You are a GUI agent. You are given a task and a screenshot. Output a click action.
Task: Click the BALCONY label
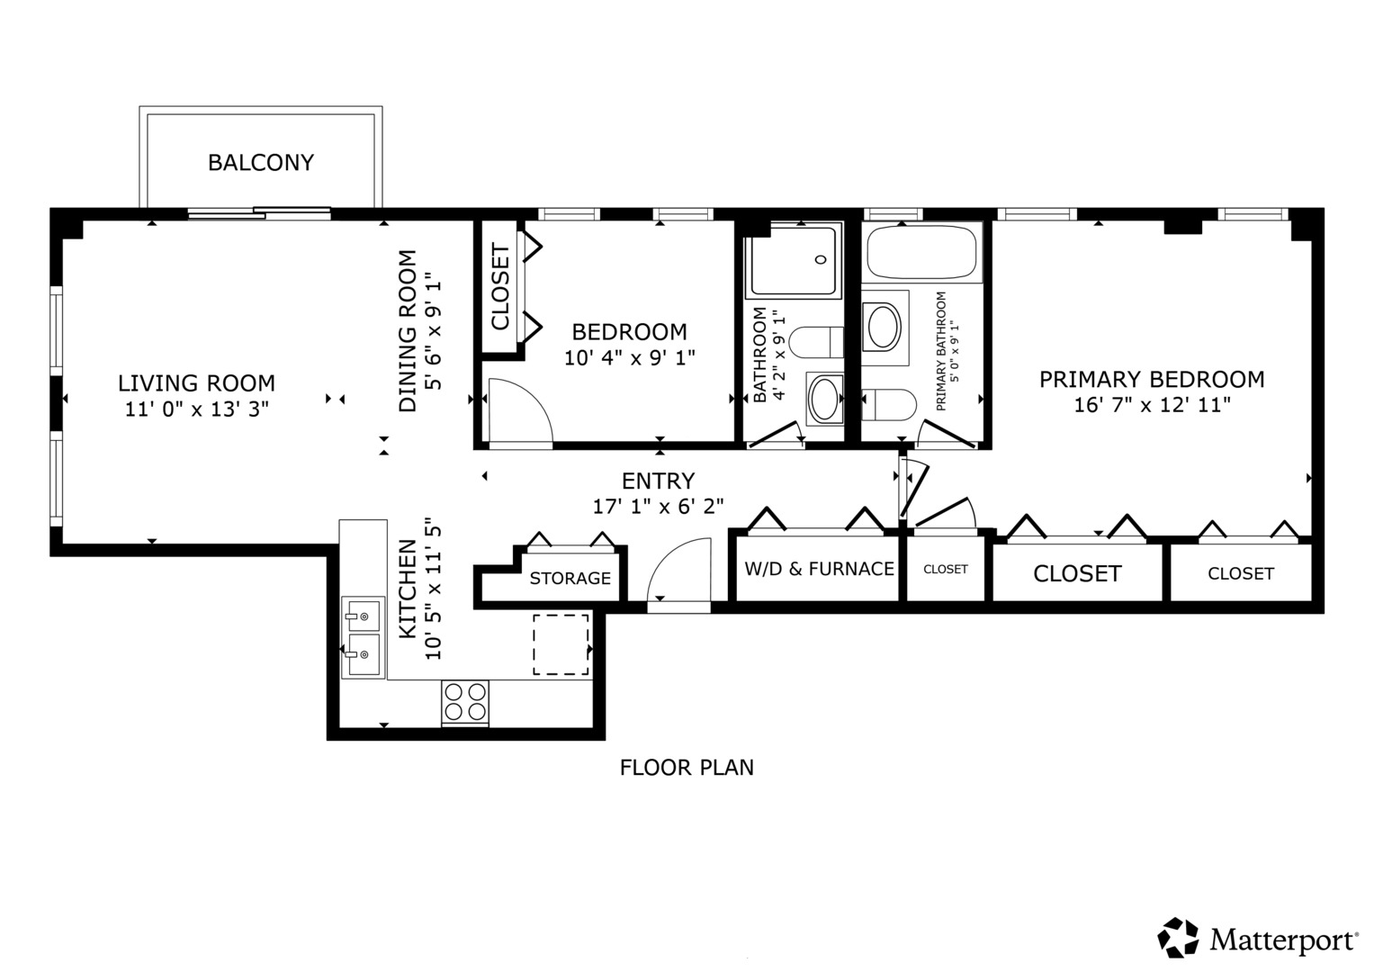pos(261,163)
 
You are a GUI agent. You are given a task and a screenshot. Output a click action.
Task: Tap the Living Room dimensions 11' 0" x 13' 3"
pos(197,409)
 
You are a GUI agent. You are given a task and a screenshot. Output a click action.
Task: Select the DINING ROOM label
pos(408,331)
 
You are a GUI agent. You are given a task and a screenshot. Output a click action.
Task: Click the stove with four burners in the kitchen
pos(465,703)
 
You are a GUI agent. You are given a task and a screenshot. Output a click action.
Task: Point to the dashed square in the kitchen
pos(561,645)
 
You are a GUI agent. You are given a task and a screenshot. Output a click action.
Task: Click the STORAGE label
pos(570,578)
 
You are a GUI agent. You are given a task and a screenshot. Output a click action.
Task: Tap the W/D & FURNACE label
pos(820,569)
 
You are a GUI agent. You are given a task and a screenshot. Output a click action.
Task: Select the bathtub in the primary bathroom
pos(922,252)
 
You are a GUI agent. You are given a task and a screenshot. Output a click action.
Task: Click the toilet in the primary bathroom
pos(889,405)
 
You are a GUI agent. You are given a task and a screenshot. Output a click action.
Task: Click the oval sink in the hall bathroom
pos(824,398)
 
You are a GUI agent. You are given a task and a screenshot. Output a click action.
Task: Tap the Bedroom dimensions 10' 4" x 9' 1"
pos(629,357)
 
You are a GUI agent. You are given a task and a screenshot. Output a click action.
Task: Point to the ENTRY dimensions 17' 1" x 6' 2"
pos(658,506)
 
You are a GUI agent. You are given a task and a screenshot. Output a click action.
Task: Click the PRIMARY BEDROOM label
pos(1152,379)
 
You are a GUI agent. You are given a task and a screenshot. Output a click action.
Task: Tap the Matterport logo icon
pos(1178,938)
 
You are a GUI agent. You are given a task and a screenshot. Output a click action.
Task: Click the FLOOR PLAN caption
pos(687,768)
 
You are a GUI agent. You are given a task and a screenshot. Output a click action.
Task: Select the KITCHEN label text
pos(408,589)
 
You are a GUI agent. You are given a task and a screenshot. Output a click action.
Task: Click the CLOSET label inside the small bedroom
pos(500,287)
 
